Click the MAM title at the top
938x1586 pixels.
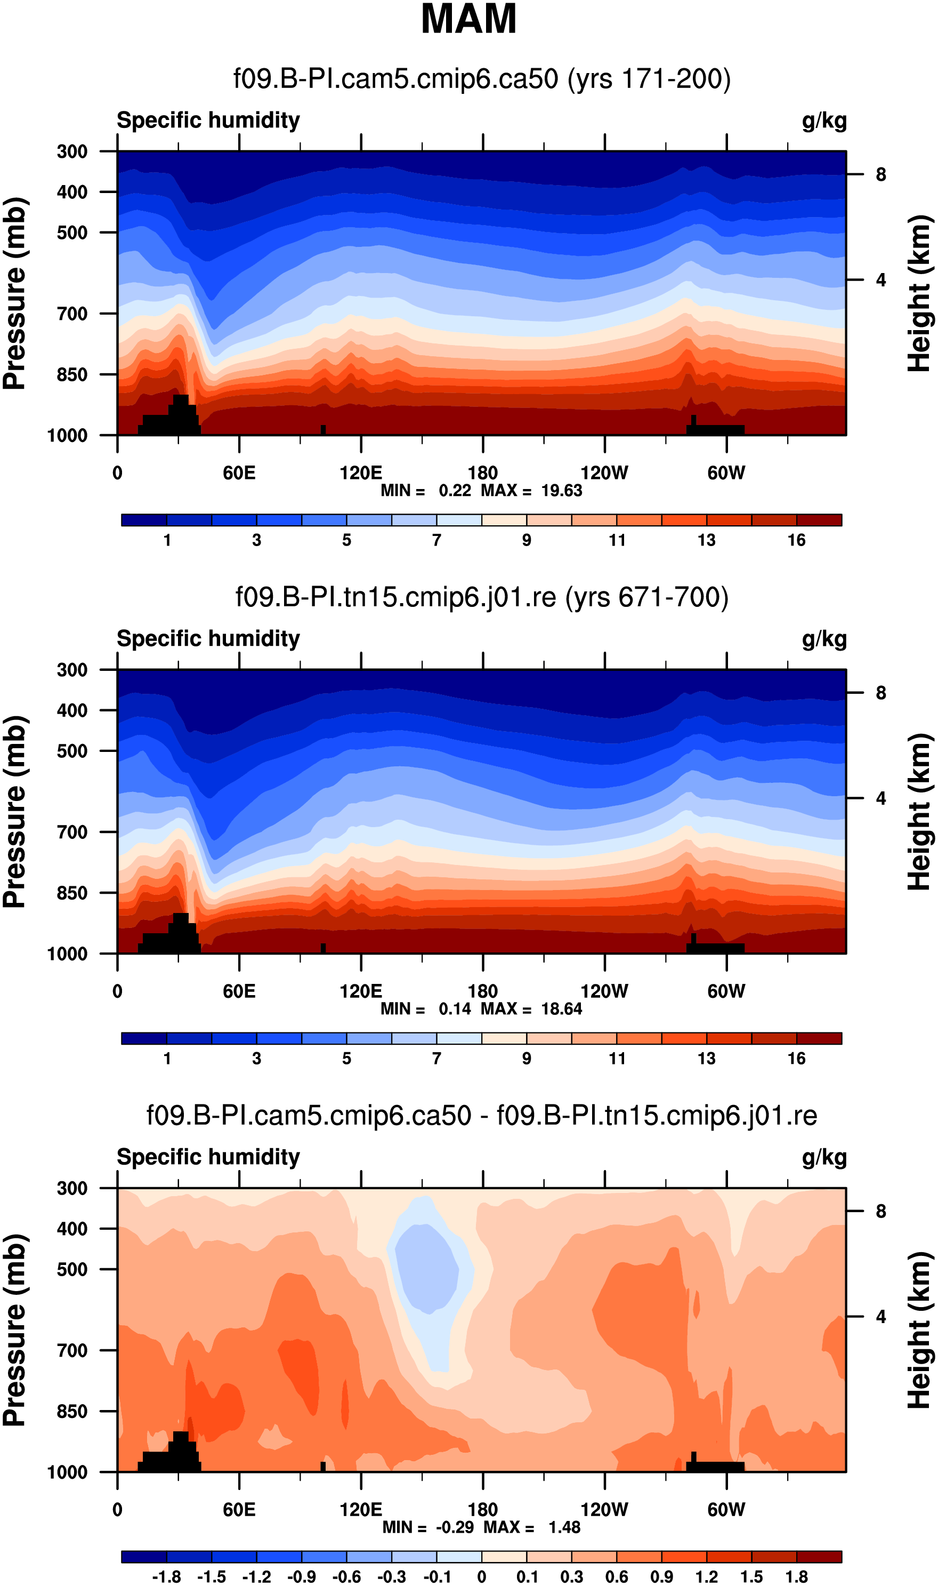pyautogui.click(x=468, y=19)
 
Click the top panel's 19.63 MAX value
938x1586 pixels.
pyautogui.click(x=561, y=491)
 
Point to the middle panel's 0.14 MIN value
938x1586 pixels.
pyautogui.click(x=455, y=1008)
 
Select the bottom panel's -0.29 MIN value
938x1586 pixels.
pyautogui.click(x=455, y=1527)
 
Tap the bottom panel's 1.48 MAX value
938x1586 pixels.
pyautogui.click(x=564, y=1527)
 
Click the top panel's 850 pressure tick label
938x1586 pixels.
pyautogui.click(x=72, y=374)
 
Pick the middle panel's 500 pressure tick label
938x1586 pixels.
pyautogui.click(x=72, y=751)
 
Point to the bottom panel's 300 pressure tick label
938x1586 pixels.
pyautogui.click(x=72, y=1188)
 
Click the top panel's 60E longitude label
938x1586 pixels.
pyautogui.click(x=239, y=473)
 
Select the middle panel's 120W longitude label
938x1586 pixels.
pyautogui.click(x=604, y=991)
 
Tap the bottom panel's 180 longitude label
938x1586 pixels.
pyautogui.click(x=482, y=1510)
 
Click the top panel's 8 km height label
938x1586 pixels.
pyautogui.click(x=880, y=174)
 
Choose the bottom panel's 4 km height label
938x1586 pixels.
pyautogui.click(x=880, y=1317)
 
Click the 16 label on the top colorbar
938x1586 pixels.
pyautogui.click(x=796, y=540)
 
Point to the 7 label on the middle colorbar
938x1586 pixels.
pyautogui.click(x=436, y=1059)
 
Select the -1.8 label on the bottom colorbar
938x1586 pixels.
pyautogui.click(x=166, y=1577)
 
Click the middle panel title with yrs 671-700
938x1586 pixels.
pyautogui.click(x=482, y=597)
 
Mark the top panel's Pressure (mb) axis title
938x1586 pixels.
pyautogui.click(x=15, y=293)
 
